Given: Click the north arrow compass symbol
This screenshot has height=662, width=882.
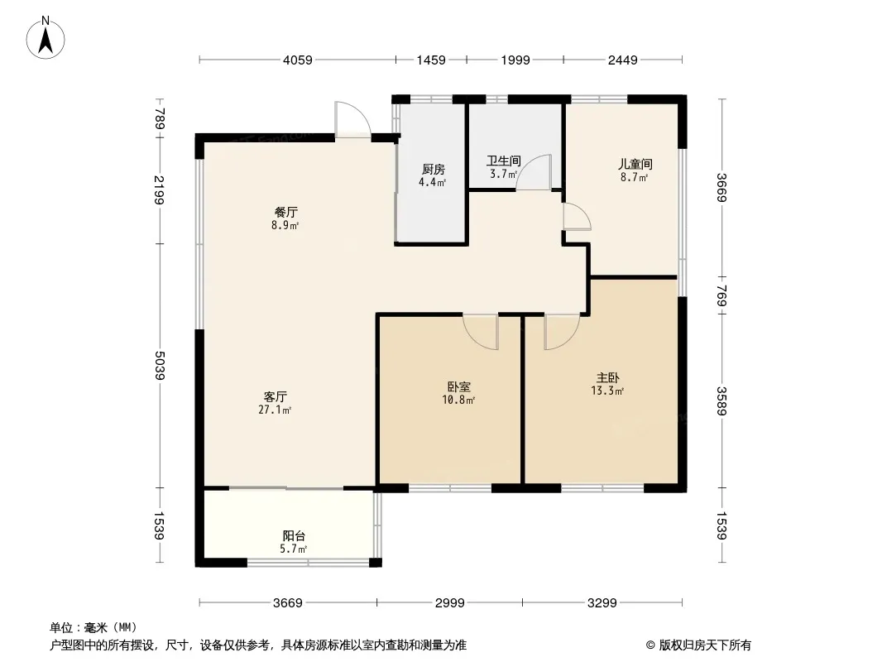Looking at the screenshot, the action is pyautogui.click(x=46, y=38).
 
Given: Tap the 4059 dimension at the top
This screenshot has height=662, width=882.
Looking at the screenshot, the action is pyautogui.click(x=298, y=60).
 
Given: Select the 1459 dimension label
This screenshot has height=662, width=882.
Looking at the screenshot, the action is pyautogui.click(x=431, y=60).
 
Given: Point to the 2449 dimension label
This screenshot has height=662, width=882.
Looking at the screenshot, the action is pyautogui.click(x=623, y=60).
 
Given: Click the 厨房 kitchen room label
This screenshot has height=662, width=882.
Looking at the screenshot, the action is pyautogui.click(x=433, y=170).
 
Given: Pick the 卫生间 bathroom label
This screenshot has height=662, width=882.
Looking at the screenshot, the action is pyautogui.click(x=503, y=161).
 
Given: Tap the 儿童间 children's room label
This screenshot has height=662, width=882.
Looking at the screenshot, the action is pyautogui.click(x=635, y=164).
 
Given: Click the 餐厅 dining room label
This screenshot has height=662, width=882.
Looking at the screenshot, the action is pyautogui.click(x=285, y=212).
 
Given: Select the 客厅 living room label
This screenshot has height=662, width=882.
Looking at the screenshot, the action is pyautogui.click(x=275, y=396).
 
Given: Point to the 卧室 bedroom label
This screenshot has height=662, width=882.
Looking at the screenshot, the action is pyautogui.click(x=459, y=387).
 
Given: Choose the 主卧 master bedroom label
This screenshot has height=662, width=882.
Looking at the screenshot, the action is pyautogui.click(x=608, y=377).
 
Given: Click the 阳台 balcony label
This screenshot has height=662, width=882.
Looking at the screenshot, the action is pyautogui.click(x=294, y=536).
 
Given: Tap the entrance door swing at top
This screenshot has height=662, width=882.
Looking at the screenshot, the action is pyautogui.click(x=352, y=118).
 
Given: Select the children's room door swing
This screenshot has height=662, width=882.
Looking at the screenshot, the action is pyautogui.click(x=578, y=216).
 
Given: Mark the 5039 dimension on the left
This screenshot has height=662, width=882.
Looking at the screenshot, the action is pyautogui.click(x=160, y=366).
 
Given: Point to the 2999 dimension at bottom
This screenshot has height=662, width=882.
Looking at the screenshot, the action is pyautogui.click(x=450, y=603).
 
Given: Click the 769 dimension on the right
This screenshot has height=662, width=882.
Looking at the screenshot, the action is pyautogui.click(x=722, y=296).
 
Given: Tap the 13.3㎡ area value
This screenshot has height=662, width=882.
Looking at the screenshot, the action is pyautogui.click(x=607, y=391).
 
